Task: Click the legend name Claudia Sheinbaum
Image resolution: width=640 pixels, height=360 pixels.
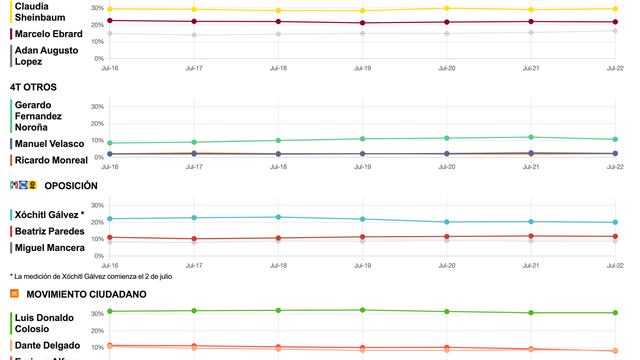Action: (x=41, y=11)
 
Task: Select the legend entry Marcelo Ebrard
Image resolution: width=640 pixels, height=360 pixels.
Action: (x=47, y=33)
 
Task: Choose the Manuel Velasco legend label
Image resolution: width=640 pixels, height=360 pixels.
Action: (x=49, y=144)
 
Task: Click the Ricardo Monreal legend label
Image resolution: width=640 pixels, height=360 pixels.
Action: (x=51, y=160)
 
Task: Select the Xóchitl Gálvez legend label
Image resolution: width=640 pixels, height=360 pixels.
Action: (x=48, y=215)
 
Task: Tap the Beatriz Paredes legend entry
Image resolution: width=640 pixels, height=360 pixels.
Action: (x=49, y=231)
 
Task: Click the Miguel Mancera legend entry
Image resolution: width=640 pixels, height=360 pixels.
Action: (x=49, y=247)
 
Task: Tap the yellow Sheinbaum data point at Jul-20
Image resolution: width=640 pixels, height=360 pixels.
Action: (x=447, y=8)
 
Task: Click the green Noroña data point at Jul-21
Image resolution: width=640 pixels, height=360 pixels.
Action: (x=531, y=137)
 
